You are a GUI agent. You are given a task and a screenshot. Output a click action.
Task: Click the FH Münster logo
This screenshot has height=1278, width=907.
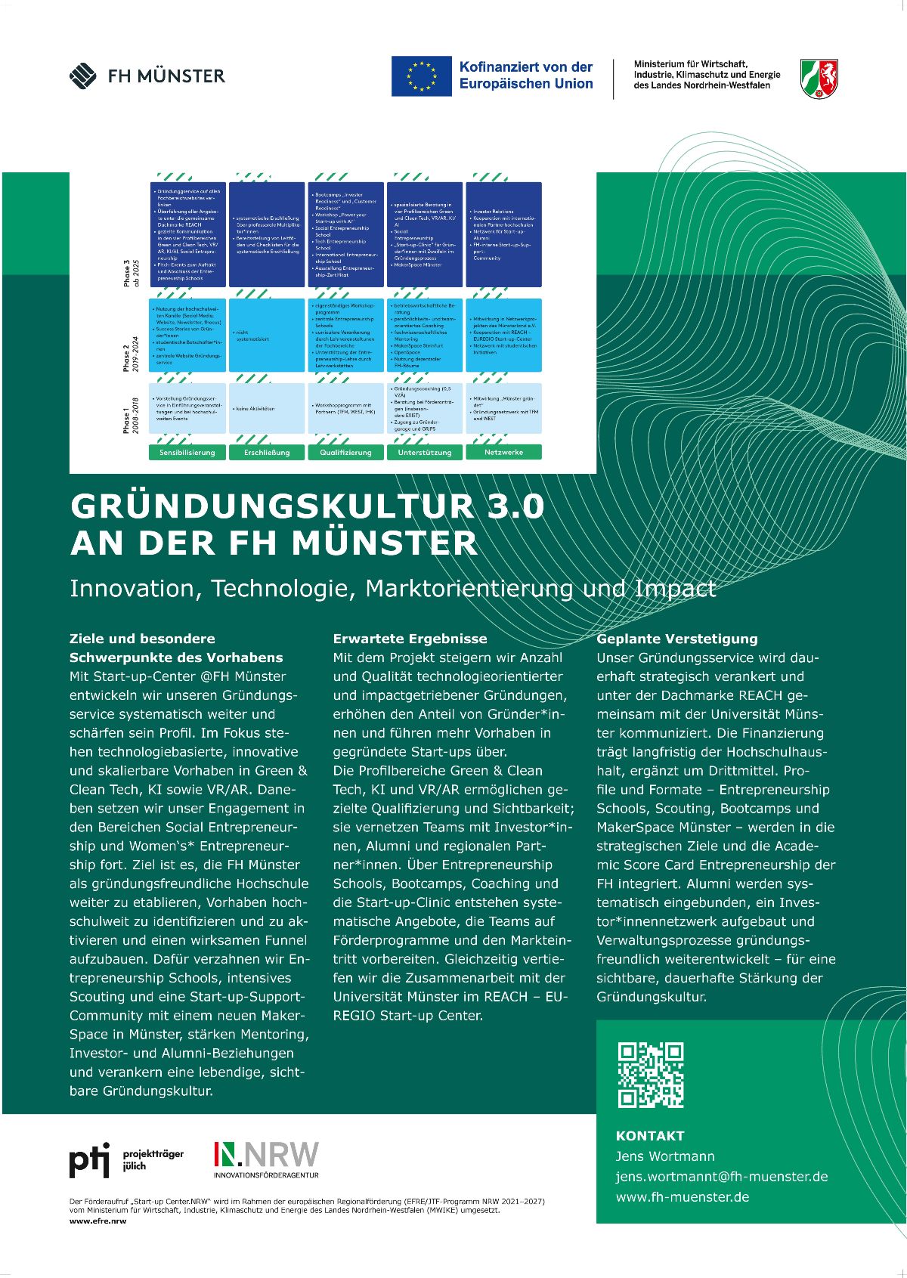tap(147, 76)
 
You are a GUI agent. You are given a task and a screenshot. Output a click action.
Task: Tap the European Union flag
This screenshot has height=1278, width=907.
tap(421, 76)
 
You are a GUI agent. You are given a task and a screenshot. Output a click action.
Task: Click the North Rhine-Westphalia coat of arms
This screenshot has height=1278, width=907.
tap(819, 79)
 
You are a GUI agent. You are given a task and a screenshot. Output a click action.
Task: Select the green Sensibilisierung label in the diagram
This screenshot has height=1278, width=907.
tap(187, 452)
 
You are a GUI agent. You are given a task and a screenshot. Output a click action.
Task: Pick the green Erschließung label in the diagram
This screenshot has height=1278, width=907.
tap(267, 452)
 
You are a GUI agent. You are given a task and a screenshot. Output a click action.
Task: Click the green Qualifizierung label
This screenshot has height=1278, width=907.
tap(345, 452)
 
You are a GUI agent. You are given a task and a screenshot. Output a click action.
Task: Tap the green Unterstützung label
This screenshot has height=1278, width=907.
tap(425, 452)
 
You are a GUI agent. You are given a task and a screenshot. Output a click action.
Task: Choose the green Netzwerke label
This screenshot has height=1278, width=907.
tap(503, 452)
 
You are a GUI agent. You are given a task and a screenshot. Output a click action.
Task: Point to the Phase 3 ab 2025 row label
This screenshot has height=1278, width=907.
tap(131, 272)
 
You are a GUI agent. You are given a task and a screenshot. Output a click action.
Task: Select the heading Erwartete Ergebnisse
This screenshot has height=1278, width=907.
tap(410, 639)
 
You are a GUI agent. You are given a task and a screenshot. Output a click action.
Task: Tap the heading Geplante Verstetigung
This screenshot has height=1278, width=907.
tap(676, 639)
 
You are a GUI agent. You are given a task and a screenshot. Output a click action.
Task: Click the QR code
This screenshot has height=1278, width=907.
tap(650, 1074)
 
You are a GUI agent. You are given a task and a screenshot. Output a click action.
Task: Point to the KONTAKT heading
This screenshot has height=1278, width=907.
tap(650, 1135)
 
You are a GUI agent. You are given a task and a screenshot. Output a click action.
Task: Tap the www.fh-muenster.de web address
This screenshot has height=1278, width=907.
tap(682, 1196)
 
